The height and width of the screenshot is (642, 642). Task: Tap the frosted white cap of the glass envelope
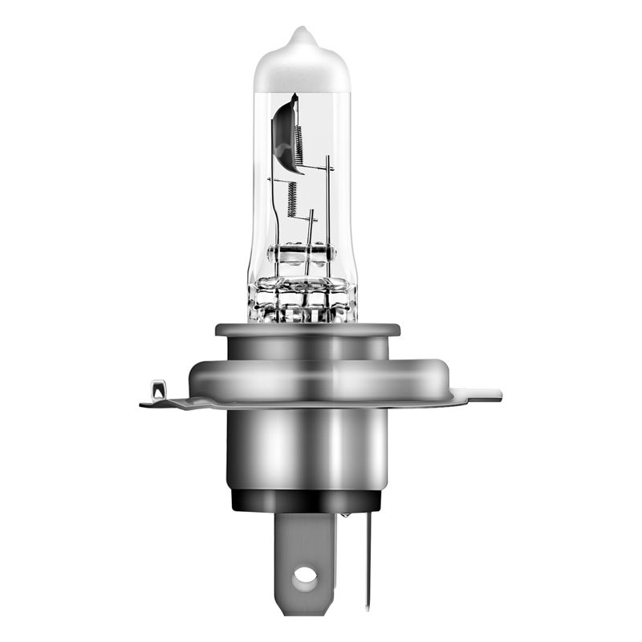click(303, 64)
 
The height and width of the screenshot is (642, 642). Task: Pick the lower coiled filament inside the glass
click(292, 193)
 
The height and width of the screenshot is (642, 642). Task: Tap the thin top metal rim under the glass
click(307, 329)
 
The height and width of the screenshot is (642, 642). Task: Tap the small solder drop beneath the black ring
click(344, 514)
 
